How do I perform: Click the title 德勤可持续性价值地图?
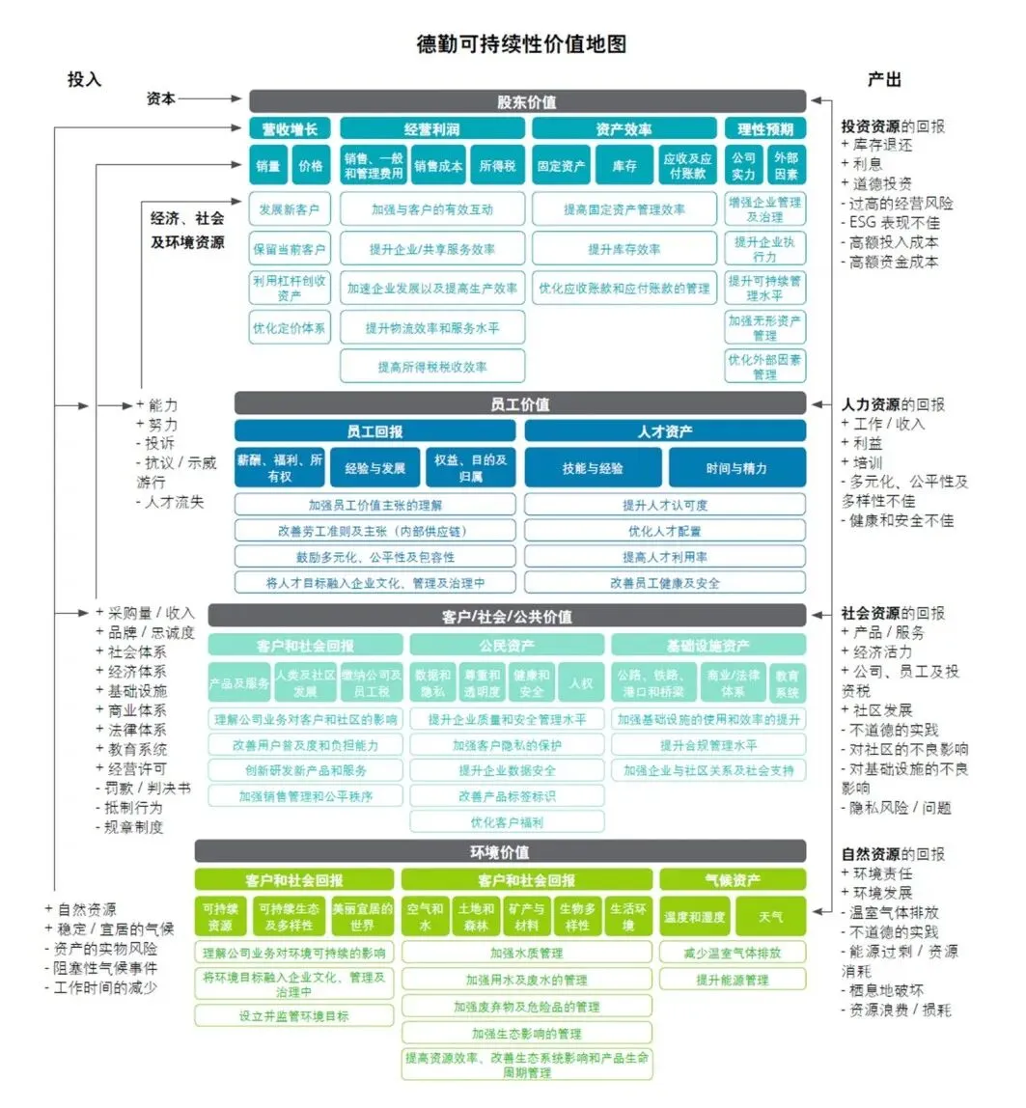[x=521, y=45]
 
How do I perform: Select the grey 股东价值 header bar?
[x=527, y=101]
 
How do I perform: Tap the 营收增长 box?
[x=290, y=129]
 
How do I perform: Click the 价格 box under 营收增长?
[x=311, y=166]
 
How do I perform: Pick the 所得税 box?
[x=498, y=166]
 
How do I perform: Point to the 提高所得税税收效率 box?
[x=432, y=367]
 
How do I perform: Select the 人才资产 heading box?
[x=665, y=431]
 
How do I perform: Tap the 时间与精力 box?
[x=736, y=468]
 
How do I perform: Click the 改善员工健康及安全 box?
[x=665, y=583]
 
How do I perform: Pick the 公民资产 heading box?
[x=507, y=645]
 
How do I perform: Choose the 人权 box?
[x=581, y=682]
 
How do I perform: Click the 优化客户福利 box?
[x=507, y=822]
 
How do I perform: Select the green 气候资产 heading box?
[x=733, y=879]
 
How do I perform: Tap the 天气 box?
[x=770, y=916]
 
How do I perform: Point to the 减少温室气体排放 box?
[x=733, y=953]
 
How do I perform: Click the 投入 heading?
[x=84, y=79]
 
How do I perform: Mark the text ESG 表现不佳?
[x=895, y=222]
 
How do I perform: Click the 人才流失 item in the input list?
[x=175, y=502]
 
